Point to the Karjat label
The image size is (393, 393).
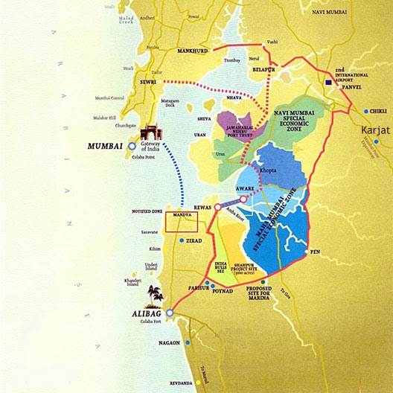click(x=376, y=130)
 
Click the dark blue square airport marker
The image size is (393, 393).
click(x=328, y=83)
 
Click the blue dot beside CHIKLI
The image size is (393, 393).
click(x=366, y=111)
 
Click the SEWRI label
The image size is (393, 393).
click(x=147, y=83)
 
